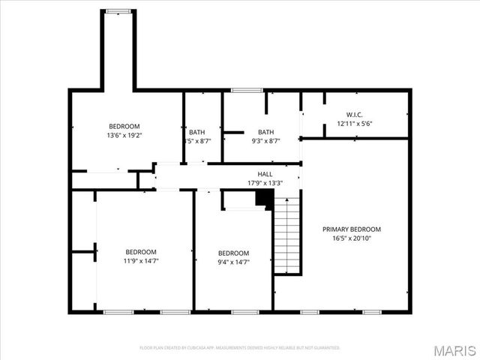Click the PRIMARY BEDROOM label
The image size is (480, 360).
pos(352,229)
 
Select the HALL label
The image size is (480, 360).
pos(265,174)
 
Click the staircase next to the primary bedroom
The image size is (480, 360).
pos(286,236)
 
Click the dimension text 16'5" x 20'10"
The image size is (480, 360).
pos(352,238)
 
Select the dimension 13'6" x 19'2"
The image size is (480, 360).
pos(124,136)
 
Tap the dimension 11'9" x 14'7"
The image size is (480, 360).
pos(141,260)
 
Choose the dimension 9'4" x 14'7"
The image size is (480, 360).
pos(233,262)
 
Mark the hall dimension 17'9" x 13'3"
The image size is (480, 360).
pos(265,183)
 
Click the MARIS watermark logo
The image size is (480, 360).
pos(455,349)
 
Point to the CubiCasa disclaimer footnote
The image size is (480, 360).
pos(240,348)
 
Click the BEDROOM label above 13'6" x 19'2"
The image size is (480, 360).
pos(124,127)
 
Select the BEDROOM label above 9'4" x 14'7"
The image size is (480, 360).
pos(233,253)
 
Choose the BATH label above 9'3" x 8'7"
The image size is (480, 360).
pos(265,132)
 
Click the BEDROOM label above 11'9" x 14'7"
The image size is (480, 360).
pos(141,251)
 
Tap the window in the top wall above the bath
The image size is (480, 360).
pos(242,91)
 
